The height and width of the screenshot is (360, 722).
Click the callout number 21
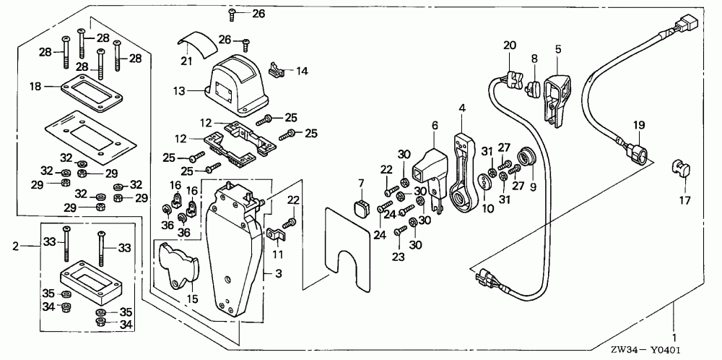tap(186, 61)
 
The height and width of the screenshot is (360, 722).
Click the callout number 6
tap(434, 126)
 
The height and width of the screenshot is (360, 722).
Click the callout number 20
tap(510, 46)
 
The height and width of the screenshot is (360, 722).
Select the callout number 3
tap(269, 274)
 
